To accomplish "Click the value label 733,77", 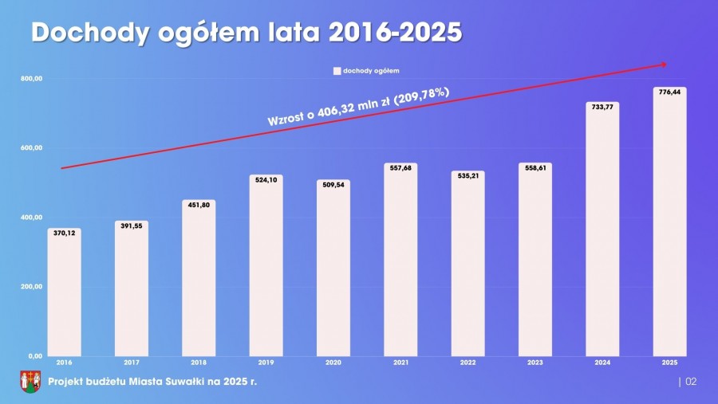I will point(602,106).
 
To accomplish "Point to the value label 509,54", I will point(333,184).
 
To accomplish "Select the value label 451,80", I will point(199,204).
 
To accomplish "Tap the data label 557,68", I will point(400,167).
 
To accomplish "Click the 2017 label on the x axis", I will point(131,363).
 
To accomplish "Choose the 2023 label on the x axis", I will point(535,363).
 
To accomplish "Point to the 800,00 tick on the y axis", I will point(32,79).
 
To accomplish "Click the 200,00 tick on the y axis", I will point(32,287).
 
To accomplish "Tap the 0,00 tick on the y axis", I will point(34,356).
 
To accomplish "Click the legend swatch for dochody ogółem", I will point(337,71).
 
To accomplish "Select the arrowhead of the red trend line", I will point(662,65).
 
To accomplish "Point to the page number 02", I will point(691,382).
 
